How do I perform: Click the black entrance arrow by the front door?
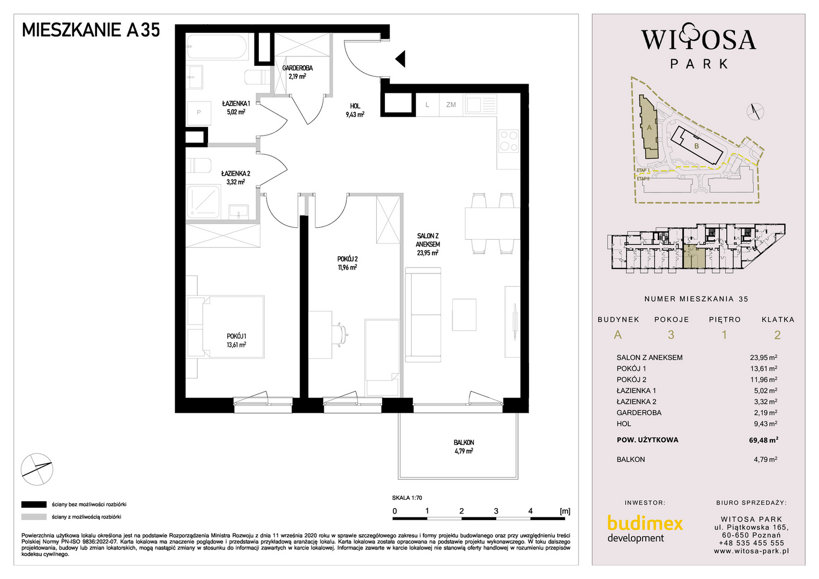(x=401, y=59)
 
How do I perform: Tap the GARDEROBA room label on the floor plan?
(x=297, y=68)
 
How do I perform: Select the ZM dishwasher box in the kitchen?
(x=451, y=105)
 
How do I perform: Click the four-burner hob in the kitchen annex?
(x=509, y=141)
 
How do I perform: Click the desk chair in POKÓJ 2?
(x=341, y=335)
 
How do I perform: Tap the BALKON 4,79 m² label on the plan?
(x=464, y=447)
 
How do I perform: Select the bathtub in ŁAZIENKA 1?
(x=217, y=46)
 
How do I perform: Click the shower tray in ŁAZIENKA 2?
(x=203, y=203)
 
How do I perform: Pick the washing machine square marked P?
(x=199, y=113)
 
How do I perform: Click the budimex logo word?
(x=645, y=524)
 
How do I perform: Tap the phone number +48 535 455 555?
(x=751, y=543)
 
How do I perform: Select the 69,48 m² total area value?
(x=763, y=440)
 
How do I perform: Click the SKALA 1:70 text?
(x=407, y=498)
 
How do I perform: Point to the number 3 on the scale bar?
(x=496, y=511)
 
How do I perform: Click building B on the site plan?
(x=697, y=146)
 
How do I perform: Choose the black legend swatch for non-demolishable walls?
(x=34, y=505)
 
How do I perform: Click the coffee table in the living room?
(x=464, y=315)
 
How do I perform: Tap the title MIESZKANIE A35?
(x=91, y=30)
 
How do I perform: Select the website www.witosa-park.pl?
(x=751, y=551)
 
